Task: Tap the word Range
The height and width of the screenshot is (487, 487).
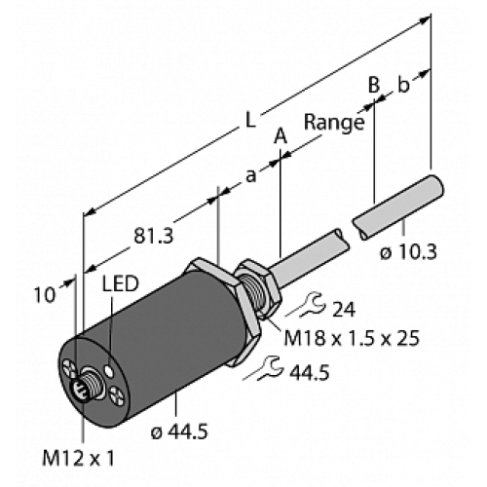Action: coord(334,123)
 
